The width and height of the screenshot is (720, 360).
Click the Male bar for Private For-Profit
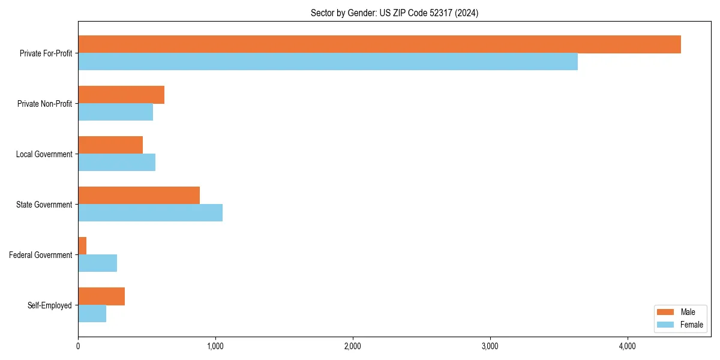click(379, 44)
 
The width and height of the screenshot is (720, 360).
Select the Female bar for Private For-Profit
click(328, 62)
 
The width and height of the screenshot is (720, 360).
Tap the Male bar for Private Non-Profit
click(121, 95)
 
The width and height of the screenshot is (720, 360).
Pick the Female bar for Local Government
click(116, 163)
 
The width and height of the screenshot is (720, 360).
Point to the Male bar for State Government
click(139, 196)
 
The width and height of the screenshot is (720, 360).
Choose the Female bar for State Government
click(150, 213)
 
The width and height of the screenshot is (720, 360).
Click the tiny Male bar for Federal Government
click(82, 246)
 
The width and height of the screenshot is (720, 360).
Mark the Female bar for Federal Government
click(97, 263)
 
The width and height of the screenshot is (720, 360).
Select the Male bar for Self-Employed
click(101, 296)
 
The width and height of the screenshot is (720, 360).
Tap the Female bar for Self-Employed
click(92, 314)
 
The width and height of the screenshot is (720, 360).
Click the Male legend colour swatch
click(665, 312)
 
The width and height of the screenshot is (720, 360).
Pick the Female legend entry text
click(691, 325)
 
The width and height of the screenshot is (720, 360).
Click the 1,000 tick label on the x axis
click(215, 346)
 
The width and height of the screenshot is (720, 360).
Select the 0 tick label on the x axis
click(78, 346)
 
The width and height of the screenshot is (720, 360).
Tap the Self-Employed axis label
click(50, 305)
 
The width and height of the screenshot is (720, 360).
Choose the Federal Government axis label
click(41, 255)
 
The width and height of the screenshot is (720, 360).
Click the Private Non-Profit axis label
click(44, 104)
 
